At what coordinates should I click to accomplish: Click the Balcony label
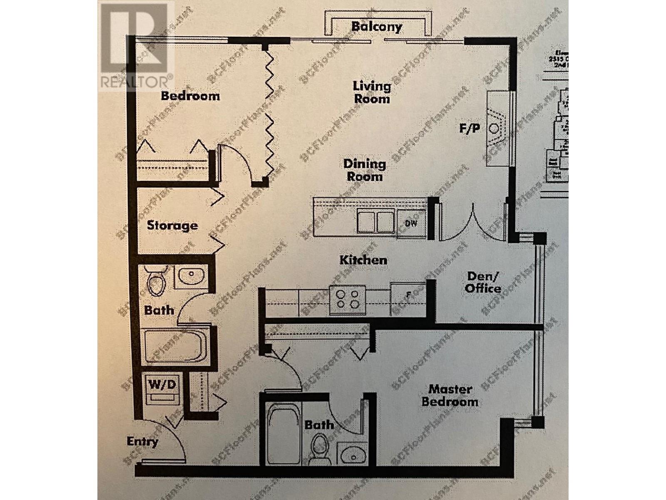(x=376, y=27)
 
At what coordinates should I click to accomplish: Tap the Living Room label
(x=372, y=92)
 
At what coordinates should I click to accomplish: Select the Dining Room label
(x=364, y=170)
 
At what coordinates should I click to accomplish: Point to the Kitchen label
(x=363, y=260)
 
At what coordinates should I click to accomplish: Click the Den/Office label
(x=483, y=282)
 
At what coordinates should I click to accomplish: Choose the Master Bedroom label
(x=450, y=395)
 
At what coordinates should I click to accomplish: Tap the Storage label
(x=172, y=225)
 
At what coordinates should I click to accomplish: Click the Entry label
(x=142, y=442)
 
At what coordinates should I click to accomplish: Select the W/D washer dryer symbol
(x=162, y=389)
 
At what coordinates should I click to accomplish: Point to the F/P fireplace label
(x=470, y=128)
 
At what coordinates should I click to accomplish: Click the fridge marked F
(x=408, y=295)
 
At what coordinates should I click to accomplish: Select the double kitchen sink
(x=376, y=221)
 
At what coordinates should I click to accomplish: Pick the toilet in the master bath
(x=321, y=447)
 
